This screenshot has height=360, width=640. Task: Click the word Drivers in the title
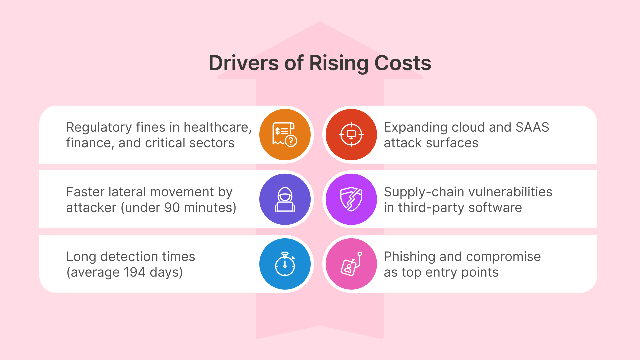(243, 63)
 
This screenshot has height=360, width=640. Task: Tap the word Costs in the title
(403, 63)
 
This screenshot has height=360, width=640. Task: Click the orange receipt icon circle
(285, 135)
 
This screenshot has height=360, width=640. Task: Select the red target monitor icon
(351, 135)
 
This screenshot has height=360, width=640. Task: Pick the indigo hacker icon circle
(285, 199)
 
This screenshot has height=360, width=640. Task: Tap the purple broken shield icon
(351, 199)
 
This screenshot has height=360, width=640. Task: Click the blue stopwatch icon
(285, 264)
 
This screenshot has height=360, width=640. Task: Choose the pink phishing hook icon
(351, 264)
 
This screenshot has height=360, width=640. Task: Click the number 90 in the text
(172, 208)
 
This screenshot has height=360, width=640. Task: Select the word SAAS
(532, 127)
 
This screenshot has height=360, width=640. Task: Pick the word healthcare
(217, 127)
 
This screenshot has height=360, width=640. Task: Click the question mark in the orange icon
(291, 141)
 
